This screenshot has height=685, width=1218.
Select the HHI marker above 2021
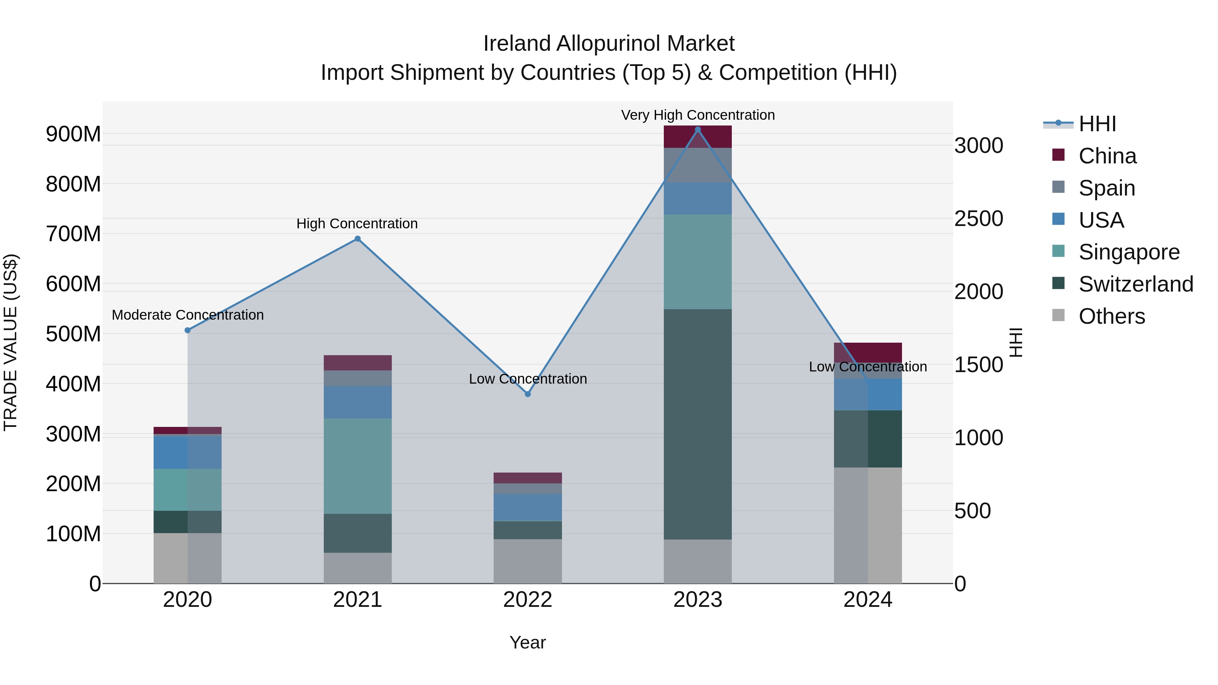(358, 239)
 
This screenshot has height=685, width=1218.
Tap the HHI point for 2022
(528, 394)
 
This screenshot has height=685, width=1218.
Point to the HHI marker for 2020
(188, 330)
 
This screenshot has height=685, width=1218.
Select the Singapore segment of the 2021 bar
(358, 466)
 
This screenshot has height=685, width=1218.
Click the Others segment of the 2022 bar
(528, 561)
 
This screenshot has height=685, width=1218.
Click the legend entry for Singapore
(1129, 252)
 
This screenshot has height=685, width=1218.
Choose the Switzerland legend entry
(1135, 284)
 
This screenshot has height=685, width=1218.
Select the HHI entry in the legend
(1097, 124)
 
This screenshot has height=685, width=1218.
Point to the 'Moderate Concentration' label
(188, 315)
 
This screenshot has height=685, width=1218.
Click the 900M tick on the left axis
(73, 134)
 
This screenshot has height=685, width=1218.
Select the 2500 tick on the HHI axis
(978, 219)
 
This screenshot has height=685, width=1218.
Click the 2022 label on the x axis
(528, 600)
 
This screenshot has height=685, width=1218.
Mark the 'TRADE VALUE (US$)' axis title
(10, 342)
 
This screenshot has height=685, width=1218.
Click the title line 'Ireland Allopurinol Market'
(609, 44)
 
